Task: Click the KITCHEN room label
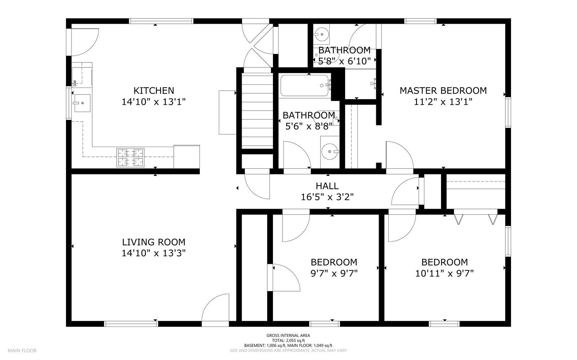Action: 154,90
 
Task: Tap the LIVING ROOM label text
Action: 154,242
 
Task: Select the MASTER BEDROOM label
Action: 443,90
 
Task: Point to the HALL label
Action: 327,186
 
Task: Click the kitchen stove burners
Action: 130,157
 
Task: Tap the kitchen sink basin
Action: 83,103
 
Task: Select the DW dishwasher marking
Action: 75,83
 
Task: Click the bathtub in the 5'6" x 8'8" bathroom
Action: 304,85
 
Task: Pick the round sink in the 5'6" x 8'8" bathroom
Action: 330,152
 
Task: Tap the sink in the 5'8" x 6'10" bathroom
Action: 322,34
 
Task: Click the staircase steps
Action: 257,111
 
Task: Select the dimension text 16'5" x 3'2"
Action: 327,197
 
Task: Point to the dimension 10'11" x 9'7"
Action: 445,273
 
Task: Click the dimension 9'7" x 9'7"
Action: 334,273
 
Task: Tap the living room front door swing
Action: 215,307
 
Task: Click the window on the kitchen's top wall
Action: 161,21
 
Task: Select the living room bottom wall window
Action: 131,324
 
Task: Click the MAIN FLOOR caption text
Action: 22,351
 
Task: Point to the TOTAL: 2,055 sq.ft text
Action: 288,341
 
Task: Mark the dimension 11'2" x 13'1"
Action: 443,102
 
